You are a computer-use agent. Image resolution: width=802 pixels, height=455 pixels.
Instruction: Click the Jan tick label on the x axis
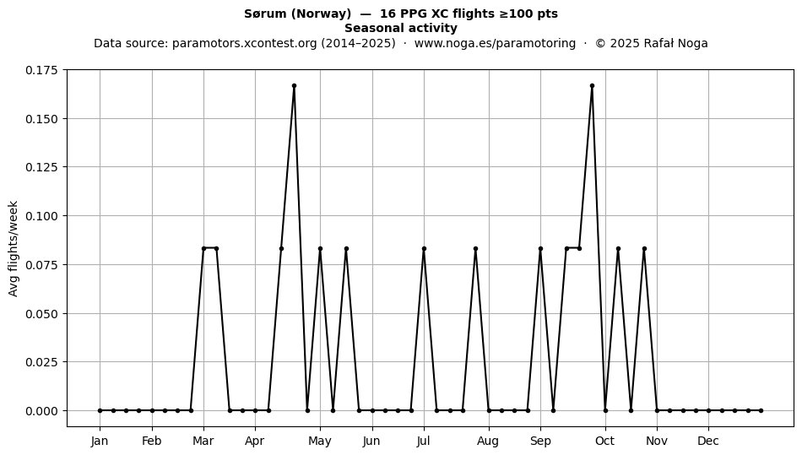point(100,441)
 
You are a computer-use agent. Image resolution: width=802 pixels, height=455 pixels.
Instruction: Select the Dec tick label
point(708,441)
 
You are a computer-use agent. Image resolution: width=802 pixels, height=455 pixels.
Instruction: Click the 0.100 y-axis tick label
point(42,216)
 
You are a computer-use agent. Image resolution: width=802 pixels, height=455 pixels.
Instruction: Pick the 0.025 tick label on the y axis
point(42,362)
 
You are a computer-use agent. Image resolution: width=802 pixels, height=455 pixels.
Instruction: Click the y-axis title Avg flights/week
point(14,248)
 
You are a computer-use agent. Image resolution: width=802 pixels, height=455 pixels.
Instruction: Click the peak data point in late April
point(294,86)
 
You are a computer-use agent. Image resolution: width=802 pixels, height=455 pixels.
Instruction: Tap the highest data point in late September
point(592,86)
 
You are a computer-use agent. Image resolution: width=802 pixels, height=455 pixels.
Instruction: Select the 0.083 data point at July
point(424,248)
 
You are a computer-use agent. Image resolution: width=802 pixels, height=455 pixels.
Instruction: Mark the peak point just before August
point(475,248)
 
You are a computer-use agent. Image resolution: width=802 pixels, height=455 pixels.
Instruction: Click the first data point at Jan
point(100,410)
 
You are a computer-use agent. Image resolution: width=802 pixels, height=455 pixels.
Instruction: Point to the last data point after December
point(761,410)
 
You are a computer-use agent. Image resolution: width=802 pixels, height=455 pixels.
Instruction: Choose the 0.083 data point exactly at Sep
point(540,248)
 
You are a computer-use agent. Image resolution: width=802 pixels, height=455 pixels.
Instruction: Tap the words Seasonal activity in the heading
point(401,28)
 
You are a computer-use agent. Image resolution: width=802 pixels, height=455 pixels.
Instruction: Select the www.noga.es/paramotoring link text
point(495,43)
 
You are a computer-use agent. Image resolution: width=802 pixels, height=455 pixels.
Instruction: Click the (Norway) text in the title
point(321,14)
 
